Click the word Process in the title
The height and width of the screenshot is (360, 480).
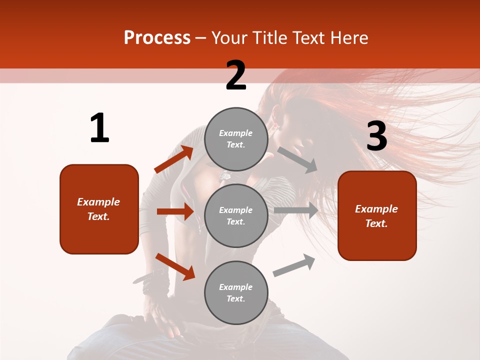point(157,38)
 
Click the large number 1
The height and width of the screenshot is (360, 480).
point(99,128)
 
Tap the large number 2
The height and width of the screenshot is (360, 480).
point(236,75)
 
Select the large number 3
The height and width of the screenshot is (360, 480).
point(376,136)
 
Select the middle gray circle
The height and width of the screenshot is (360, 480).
point(236,215)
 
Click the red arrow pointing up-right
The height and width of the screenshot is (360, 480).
point(173,159)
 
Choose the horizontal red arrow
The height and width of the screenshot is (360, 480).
point(175,211)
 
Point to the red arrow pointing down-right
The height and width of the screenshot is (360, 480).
point(175,266)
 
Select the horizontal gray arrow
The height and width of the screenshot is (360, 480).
point(295,210)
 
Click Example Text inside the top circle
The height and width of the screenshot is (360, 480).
point(236,139)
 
